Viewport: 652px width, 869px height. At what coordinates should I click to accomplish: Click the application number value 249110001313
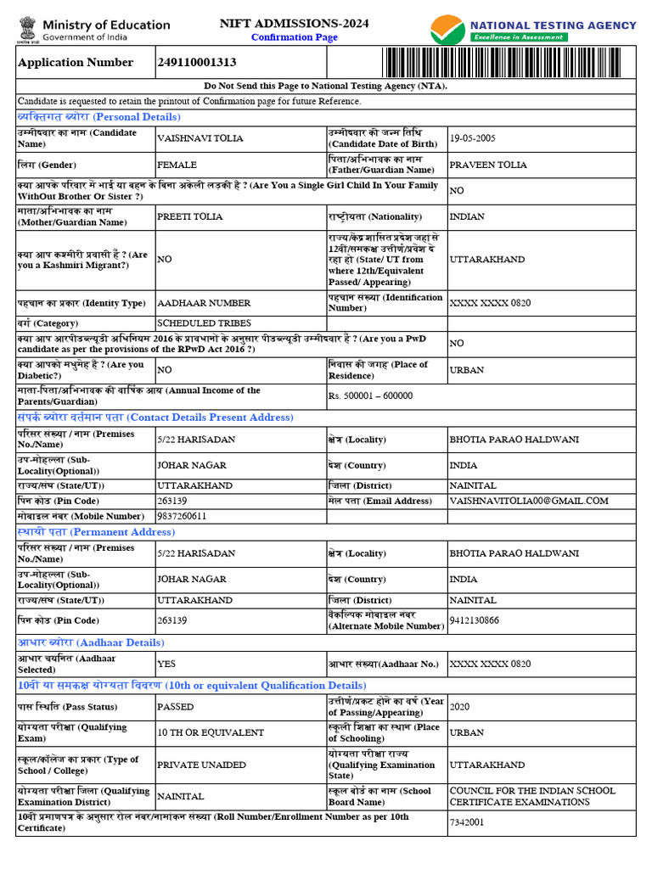(x=197, y=63)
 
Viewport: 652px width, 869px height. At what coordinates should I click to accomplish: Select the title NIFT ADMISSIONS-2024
(x=295, y=24)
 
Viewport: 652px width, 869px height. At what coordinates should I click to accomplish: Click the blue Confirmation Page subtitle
(x=295, y=38)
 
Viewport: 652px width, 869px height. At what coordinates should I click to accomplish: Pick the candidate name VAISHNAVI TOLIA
(x=200, y=138)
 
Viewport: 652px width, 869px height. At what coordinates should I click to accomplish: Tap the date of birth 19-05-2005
(x=473, y=138)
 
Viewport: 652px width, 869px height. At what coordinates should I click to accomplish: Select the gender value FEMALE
(x=177, y=165)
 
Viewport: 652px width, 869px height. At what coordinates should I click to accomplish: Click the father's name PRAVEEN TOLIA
(x=488, y=165)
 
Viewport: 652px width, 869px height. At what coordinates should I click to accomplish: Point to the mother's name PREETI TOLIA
(x=190, y=216)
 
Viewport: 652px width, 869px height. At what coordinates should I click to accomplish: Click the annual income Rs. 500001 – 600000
(x=371, y=395)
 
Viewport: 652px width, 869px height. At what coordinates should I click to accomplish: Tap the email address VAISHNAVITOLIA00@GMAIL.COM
(x=529, y=501)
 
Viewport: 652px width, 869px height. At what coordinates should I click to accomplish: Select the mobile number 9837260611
(x=182, y=516)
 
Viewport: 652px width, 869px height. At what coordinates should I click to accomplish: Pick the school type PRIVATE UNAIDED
(x=201, y=765)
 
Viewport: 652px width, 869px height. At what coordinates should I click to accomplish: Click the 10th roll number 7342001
(x=467, y=822)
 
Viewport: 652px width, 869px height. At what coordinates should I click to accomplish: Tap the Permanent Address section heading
(x=96, y=532)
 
